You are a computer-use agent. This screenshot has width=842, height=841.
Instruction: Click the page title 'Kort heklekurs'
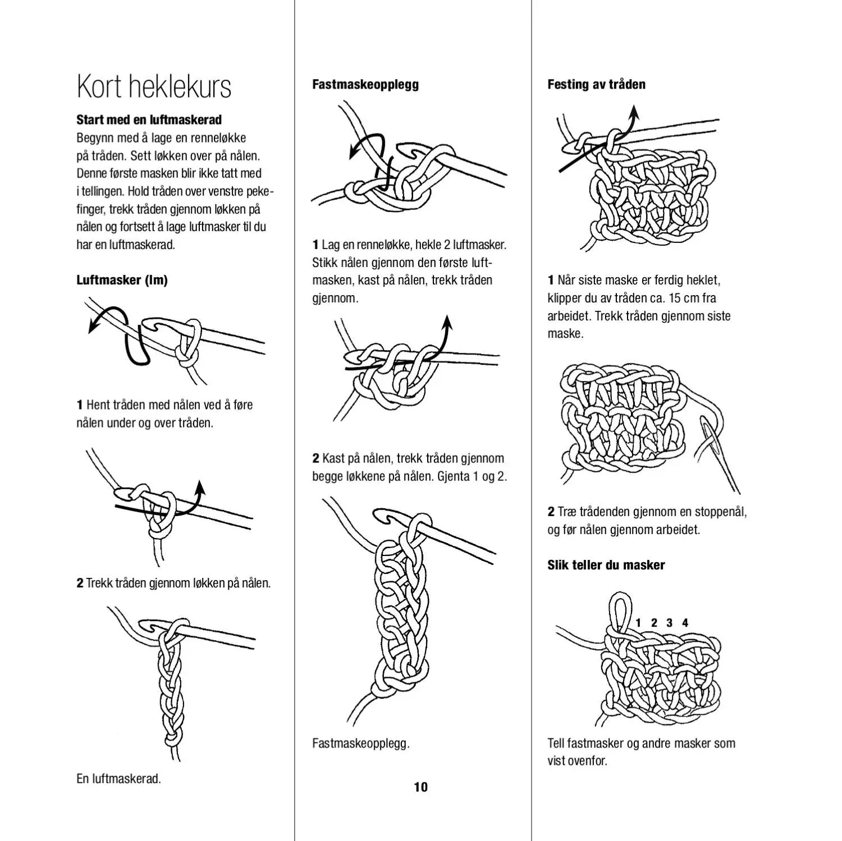click(154, 86)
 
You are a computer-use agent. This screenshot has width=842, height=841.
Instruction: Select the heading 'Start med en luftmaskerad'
click(149, 120)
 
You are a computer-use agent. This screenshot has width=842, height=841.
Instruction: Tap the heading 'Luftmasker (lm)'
click(122, 280)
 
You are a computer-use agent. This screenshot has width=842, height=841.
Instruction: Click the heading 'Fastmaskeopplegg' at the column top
click(365, 85)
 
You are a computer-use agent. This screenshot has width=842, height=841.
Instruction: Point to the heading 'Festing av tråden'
click(596, 85)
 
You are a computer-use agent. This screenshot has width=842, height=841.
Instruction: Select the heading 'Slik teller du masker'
click(606, 565)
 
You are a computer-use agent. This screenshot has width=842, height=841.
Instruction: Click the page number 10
click(420, 787)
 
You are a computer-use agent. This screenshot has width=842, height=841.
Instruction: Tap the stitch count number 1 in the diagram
click(638, 623)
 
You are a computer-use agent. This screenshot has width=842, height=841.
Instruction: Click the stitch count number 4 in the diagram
click(685, 623)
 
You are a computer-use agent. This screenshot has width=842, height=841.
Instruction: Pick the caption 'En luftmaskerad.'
click(118, 779)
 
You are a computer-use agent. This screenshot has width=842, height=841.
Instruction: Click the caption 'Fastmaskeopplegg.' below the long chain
click(360, 743)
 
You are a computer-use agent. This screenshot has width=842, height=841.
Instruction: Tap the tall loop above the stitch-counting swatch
click(619, 609)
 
